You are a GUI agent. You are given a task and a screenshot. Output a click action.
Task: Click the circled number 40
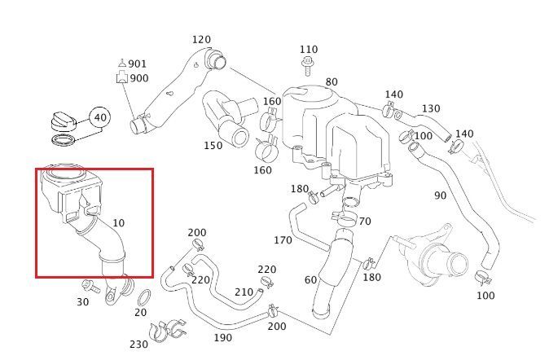100,117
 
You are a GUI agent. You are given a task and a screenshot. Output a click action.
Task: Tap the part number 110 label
309,50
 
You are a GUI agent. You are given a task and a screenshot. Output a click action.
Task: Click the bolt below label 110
307,66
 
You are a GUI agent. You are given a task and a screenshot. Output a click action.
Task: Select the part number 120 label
201,40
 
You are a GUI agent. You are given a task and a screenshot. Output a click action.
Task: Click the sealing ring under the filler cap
64,140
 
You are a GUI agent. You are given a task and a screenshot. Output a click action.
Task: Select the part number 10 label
119,222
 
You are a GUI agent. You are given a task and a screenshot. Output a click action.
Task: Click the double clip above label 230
167,331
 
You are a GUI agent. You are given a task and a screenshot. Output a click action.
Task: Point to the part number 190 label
223,338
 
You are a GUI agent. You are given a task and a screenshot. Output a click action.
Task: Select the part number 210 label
244,292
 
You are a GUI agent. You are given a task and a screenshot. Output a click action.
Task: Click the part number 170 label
283,240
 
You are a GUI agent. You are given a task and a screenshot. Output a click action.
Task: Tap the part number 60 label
310,280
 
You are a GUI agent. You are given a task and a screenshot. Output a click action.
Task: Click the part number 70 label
365,222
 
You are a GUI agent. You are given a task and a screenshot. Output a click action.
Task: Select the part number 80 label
332,82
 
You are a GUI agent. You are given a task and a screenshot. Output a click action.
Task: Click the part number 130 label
431,108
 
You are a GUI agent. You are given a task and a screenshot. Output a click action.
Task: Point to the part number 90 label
441,195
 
